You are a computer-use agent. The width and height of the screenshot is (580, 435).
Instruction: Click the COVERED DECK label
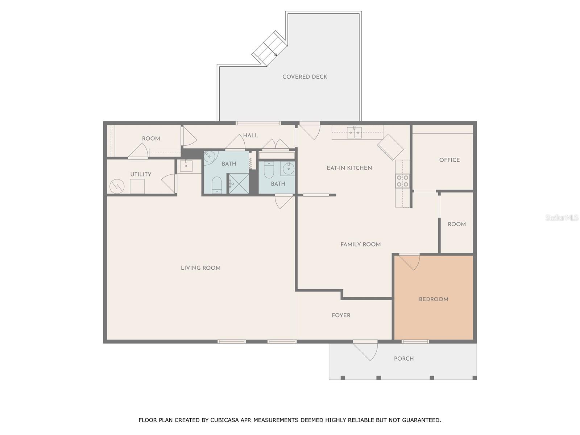[x=304, y=77]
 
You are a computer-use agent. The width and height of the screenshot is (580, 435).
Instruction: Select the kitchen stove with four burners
[x=402, y=181]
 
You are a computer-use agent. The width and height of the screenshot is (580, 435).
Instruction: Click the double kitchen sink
[x=354, y=132]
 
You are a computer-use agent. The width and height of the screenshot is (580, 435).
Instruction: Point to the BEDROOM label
[x=433, y=299]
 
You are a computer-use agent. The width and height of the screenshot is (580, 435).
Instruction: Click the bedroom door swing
[x=409, y=262]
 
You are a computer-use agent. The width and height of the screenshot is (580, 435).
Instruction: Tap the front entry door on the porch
[x=365, y=351]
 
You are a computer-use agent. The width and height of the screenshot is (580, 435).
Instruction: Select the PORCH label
[x=404, y=359]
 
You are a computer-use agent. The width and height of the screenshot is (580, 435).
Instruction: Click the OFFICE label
[x=449, y=160]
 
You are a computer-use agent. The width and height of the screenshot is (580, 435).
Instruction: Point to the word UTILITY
[x=141, y=174]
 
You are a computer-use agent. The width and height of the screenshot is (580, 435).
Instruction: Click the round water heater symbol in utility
[x=117, y=186]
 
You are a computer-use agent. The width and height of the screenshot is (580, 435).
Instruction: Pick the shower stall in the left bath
[x=239, y=183]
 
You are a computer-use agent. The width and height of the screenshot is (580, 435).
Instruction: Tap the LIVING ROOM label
[x=200, y=268]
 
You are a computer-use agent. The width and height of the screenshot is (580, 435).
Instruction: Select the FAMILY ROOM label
[x=360, y=245]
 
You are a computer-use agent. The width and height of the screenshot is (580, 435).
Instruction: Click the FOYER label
[x=341, y=315]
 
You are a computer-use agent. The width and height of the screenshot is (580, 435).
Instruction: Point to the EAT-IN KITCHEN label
[x=349, y=168]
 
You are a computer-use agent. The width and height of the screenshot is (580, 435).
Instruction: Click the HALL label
[x=250, y=136]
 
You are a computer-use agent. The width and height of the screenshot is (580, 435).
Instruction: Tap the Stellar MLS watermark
[x=562, y=218]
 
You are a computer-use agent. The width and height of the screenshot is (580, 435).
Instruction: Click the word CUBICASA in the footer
[x=224, y=420]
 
